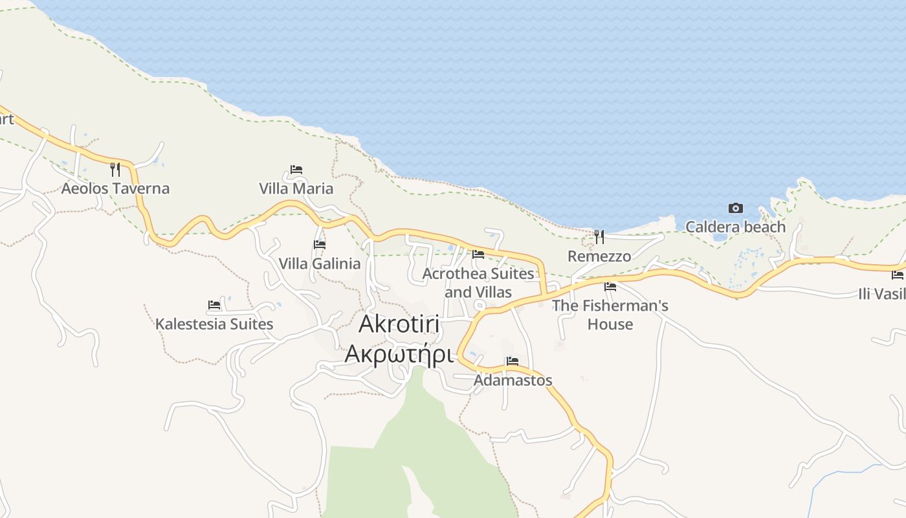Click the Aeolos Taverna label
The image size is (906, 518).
coord(115,188)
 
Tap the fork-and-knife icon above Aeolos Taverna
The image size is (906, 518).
coord(115,170)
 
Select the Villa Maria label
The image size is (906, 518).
coord(296,188)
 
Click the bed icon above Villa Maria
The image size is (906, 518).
coord(296,170)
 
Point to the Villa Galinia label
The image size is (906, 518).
coord(319,264)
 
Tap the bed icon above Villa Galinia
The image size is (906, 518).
coord(320,245)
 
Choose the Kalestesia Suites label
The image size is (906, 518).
coord(214,324)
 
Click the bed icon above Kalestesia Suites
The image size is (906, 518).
coord(214,305)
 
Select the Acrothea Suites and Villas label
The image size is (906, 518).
coord(478,283)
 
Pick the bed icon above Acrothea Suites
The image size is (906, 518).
coord(478,254)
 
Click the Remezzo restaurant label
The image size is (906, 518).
coord(599,256)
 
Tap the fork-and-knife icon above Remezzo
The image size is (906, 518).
coord(599,237)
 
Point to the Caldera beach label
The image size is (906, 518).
coord(735,227)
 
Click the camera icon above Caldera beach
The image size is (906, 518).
coord(736,208)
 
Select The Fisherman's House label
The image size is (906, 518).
coord(610,315)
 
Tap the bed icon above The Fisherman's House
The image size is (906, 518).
coord(610,286)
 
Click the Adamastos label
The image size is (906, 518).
coord(513,380)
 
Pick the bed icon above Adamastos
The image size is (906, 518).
coord(513,361)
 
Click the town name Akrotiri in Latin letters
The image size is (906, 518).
coord(399,324)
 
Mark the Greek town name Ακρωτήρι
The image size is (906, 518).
coord(399,354)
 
